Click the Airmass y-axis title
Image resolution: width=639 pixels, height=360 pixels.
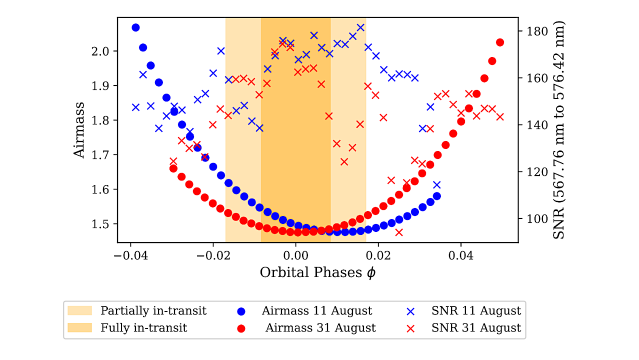(79, 130)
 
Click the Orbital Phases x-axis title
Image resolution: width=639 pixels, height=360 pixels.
(317, 272)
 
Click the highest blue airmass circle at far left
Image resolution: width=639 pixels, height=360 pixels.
(135, 27)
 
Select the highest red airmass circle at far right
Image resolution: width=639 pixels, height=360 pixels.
(500, 42)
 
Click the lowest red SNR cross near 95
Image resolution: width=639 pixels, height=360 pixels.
(398, 232)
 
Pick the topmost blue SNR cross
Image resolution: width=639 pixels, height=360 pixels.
(360, 27)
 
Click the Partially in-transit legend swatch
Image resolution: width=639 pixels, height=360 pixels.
(80, 311)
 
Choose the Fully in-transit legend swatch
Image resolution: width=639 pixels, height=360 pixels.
(80, 328)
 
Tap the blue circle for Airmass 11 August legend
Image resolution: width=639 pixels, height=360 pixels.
(241, 311)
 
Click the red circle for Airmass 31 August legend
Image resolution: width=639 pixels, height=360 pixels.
(241, 328)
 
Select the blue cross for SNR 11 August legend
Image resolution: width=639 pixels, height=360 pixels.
(410, 311)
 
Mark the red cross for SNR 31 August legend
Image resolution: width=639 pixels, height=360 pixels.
(410, 328)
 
